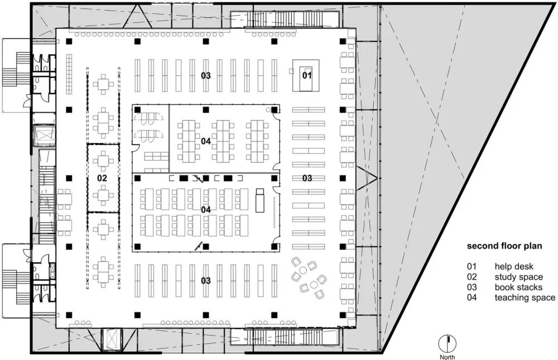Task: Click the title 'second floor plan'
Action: coord(504,245)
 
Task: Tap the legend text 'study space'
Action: coord(518,277)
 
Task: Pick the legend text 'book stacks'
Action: coord(518,287)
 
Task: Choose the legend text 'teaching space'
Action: coord(525,297)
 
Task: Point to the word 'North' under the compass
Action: coord(448,357)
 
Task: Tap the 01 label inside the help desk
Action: coord(306,75)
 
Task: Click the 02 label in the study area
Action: coord(102,178)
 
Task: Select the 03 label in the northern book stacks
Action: coord(206,75)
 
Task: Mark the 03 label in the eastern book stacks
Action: coord(307,178)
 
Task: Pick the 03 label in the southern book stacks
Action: coord(206,280)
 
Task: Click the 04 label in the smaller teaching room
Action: coord(206,141)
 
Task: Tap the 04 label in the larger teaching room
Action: coord(206,209)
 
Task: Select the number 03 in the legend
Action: coord(473,287)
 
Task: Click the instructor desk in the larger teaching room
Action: coord(259,201)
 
